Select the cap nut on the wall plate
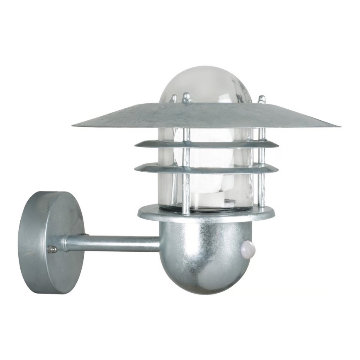click(x=52, y=249)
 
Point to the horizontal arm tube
click(x=112, y=243)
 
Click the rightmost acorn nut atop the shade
click(x=262, y=100)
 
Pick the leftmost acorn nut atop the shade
click(x=175, y=99)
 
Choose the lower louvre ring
click(x=207, y=168)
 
